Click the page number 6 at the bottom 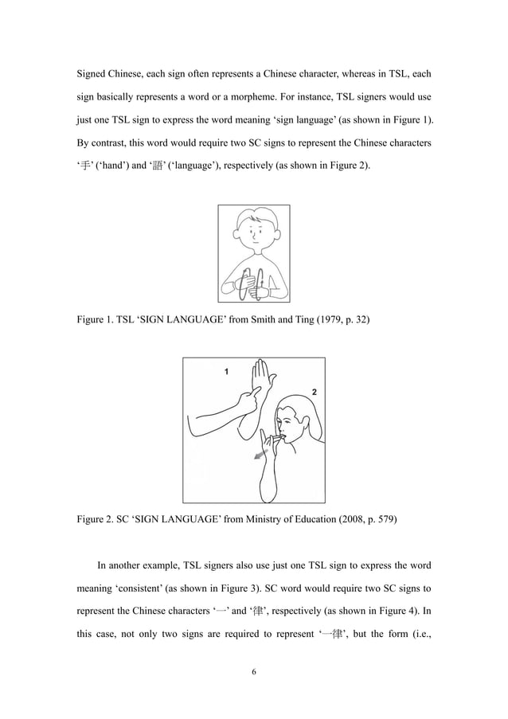(254, 672)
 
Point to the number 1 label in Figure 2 (226, 372)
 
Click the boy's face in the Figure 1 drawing (253, 232)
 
